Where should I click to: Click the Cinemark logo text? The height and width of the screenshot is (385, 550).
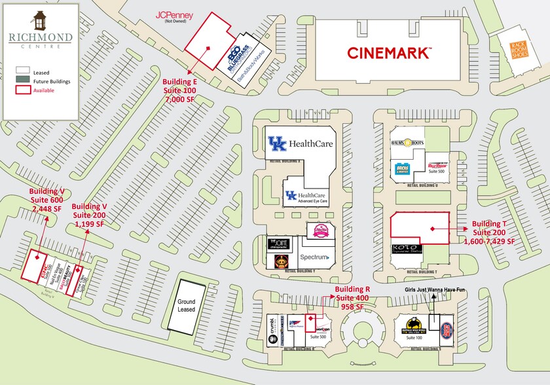(x=389, y=52)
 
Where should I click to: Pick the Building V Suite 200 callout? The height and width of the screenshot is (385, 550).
(x=90, y=214)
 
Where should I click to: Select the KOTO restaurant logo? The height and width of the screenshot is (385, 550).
(x=407, y=248)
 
